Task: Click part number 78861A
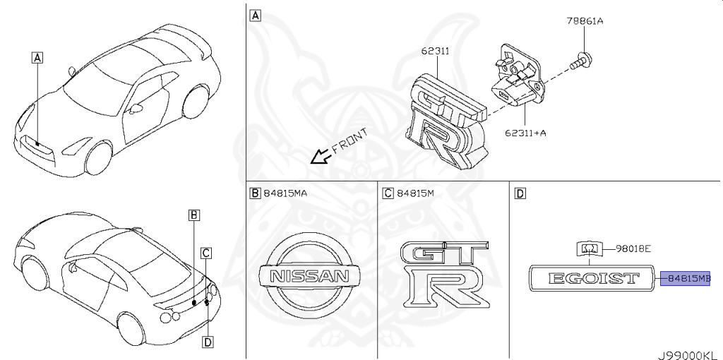coord(584,21)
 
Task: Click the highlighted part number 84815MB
coord(685,278)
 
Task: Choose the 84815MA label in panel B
coord(285,193)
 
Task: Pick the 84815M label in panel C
coord(415,193)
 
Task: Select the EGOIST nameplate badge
coord(590,278)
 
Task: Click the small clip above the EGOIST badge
coord(590,248)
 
